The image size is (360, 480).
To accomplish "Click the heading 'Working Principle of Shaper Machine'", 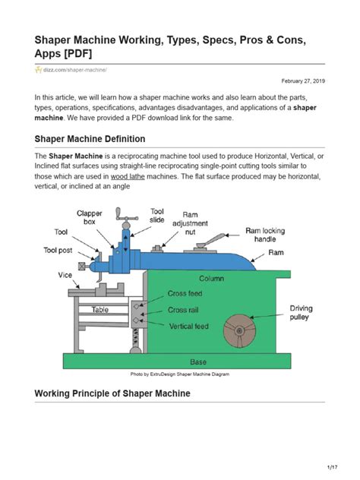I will tap(112, 393).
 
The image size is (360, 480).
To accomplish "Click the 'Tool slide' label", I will tap(156, 216).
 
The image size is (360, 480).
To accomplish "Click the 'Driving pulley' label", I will tap(299, 313).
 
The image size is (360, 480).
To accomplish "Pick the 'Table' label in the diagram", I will tap(99, 310).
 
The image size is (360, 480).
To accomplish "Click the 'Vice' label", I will tap(65, 274).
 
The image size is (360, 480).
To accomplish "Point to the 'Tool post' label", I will tap(59, 248).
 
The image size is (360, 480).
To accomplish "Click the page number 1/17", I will tap(332, 466).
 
